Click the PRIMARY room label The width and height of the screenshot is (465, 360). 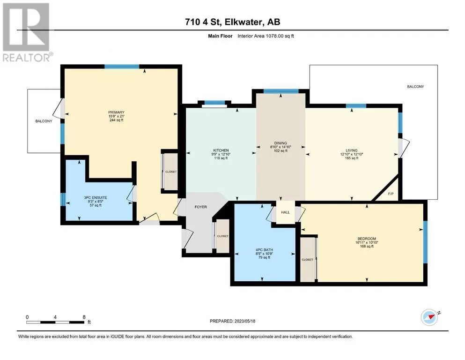[x=116, y=112]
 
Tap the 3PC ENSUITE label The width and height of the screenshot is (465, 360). [x=96, y=197]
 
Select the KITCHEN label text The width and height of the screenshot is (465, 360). [x=221, y=150]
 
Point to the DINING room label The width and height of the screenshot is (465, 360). [x=280, y=143]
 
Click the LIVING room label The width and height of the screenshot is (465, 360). [x=351, y=150]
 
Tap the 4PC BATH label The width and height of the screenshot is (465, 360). [x=264, y=250]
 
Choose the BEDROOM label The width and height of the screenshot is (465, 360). [x=367, y=239]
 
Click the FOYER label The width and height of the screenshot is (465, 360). [x=201, y=207]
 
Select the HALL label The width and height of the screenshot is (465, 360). [x=285, y=212]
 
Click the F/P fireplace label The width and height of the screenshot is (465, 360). [x=391, y=194]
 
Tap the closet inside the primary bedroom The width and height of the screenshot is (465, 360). [x=171, y=172]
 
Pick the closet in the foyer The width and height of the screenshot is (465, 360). [x=222, y=236]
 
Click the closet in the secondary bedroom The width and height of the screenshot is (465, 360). [x=308, y=259]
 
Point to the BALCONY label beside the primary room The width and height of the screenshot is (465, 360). [x=44, y=121]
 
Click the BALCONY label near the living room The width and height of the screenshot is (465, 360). [x=415, y=87]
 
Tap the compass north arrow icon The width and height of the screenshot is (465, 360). [x=430, y=317]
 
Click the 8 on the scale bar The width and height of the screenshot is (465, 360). [x=84, y=317]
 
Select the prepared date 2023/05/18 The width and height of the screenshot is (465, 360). [x=244, y=321]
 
